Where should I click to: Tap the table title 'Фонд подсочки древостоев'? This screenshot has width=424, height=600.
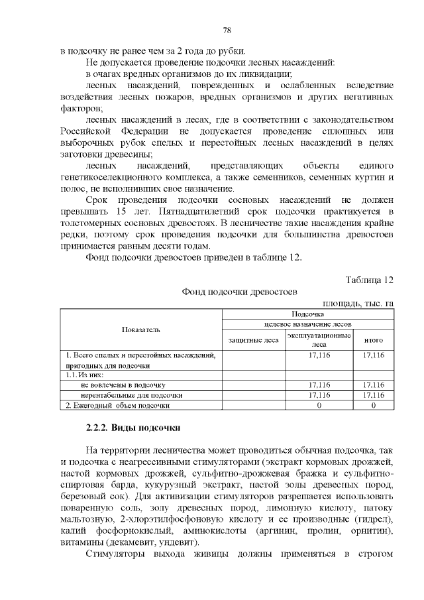point(240,292)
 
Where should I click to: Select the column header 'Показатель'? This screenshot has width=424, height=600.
point(140,330)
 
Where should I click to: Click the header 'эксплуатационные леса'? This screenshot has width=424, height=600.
point(319,340)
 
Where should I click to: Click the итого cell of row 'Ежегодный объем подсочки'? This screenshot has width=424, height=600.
point(374,404)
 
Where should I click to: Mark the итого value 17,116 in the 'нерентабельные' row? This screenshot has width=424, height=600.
point(374,394)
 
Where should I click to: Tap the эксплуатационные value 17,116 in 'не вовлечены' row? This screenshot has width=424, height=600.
point(319,385)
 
